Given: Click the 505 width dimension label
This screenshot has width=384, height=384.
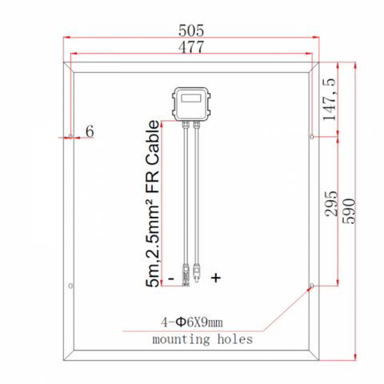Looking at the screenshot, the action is [191, 30].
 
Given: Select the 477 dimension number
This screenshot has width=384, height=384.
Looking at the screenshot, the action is [191, 46].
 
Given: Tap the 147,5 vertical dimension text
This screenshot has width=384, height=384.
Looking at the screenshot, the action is [329, 99].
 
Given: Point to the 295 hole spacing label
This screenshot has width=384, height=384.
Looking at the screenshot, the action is [331, 203].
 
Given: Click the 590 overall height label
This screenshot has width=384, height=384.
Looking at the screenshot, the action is [349, 211].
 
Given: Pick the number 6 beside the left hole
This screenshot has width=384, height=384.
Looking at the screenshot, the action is [90, 131].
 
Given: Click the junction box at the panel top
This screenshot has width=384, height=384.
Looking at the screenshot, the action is [191, 104].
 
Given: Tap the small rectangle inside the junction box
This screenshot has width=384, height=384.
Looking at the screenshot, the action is [191, 98].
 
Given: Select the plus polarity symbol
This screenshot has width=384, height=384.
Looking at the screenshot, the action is [216, 278].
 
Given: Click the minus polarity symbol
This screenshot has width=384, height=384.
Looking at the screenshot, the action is [171, 278].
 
